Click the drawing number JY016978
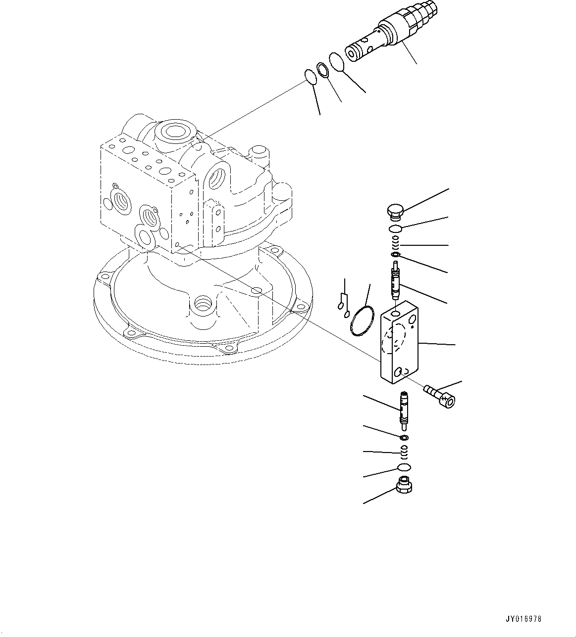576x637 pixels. [x=524, y=619]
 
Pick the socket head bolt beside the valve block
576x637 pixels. [x=440, y=397]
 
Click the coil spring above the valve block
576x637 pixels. [x=395, y=242]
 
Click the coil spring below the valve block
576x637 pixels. [x=405, y=450]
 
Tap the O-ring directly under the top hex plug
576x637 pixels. [x=395, y=228]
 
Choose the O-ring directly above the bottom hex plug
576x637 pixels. [x=404, y=467]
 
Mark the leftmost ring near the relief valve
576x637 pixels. [x=311, y=77]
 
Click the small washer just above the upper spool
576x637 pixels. [x=395, y=255]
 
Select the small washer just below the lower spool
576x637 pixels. [x=405, y=437]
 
